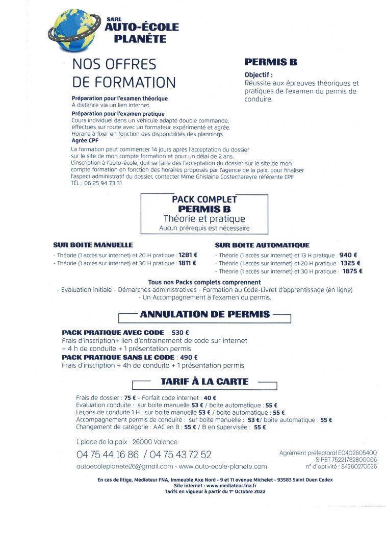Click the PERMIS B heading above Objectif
coord(271,62)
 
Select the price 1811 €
coord(188,263)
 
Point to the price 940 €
coord(348,255)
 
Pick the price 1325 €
coord(350,263)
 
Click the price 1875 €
coord(352,271)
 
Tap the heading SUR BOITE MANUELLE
coord(93,245)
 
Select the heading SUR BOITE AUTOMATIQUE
coord(262,245)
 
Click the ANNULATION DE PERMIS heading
coord(204,314)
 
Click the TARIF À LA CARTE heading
coord(204,381)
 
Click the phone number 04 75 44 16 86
coord(108,454)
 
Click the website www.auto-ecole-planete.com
coord(223,466)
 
